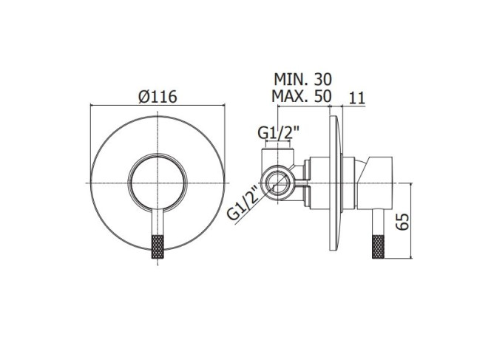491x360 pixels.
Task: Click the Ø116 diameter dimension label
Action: pyautogui.click(x=158, y=97)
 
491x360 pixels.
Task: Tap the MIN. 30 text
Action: pyautogui.click(x=302, y=79)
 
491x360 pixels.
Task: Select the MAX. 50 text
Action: pyautogui.click(x=301, y=96)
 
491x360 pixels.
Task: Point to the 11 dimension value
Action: pyautogui.click(x=356, y=98)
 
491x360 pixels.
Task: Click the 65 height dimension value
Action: pyautogui.click(x=402, y=222)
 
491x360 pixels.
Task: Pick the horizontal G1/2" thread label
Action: pyautogui.click(x=278, y=133)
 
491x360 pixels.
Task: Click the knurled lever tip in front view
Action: pyautogui.click(x=158, y=247)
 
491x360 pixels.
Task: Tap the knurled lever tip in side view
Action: pyautogui.click(x=379, y=247)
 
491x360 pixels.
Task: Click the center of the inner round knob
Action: pyautogui.click(x=158, y=183)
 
